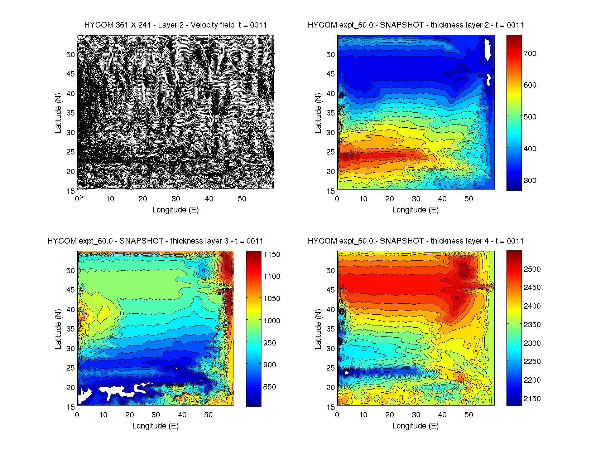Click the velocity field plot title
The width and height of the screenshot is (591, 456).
176,25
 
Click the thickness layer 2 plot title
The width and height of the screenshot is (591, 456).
415,25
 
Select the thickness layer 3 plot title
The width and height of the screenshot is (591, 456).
155,241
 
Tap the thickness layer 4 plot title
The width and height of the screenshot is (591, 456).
415,241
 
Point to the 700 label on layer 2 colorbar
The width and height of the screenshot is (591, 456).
530,54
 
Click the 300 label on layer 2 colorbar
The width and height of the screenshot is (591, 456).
530,181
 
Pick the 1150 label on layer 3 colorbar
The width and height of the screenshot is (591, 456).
272,255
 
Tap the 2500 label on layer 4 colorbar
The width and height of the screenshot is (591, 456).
532,269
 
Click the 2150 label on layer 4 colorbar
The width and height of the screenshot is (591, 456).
532,399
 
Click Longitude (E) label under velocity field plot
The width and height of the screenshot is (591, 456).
176,210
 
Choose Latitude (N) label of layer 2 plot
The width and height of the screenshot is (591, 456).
318,113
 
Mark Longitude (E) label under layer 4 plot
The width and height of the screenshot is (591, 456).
415,426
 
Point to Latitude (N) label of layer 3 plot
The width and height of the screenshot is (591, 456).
58,329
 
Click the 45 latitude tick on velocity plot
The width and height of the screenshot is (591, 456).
71,74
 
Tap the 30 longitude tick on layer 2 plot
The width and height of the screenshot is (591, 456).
416,199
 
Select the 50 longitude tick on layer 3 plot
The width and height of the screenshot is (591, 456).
208,415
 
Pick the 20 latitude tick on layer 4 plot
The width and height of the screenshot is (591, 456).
331,388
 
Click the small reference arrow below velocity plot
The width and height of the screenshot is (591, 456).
82,197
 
